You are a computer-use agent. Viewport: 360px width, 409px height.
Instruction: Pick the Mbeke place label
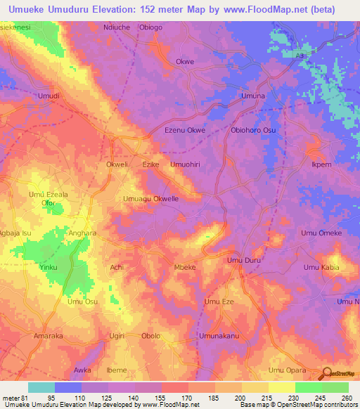[x=184, y=268]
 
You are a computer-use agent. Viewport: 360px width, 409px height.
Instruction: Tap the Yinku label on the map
[x=49, y=268]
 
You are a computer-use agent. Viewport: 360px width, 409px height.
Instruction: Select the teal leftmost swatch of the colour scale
[x=41, y=387]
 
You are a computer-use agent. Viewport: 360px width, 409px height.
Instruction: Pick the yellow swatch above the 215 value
[x=255, y=387]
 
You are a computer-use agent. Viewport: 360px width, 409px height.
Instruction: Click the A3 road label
[x=301, y=53]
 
